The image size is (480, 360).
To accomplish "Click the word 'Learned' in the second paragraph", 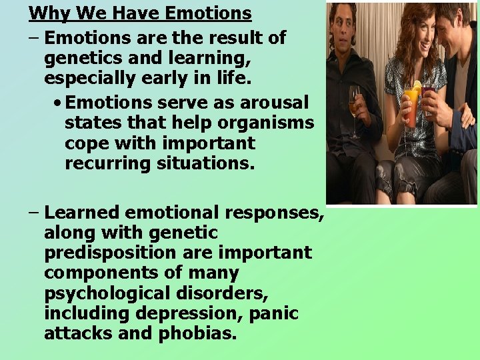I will pos(81,213).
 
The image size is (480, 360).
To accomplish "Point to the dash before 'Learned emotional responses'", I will pos(34,213).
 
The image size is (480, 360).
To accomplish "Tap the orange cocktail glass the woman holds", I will pos(412,103).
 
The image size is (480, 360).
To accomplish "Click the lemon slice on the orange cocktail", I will pos(417,86).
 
